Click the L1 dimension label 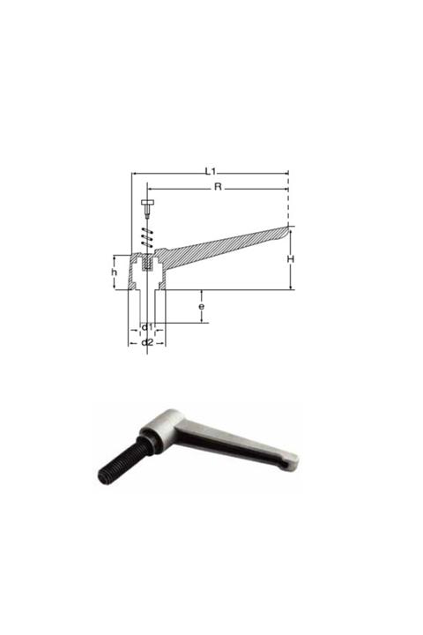point(211,168)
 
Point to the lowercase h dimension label point(115,273)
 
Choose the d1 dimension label point(147,327)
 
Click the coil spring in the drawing point(147,236)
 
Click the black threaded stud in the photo point(120,461)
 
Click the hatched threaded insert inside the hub point(147,262)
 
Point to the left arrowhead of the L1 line point(134,173)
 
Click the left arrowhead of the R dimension point(150,189)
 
